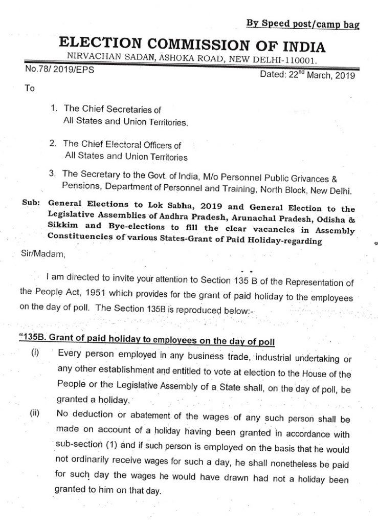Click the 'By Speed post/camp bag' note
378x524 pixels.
click(303, 24)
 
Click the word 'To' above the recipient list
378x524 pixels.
click(30, 88)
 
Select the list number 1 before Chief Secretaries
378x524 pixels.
click(53, 109)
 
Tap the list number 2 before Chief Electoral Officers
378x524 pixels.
click(53, 144)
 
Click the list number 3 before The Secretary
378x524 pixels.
click(53, 174)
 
